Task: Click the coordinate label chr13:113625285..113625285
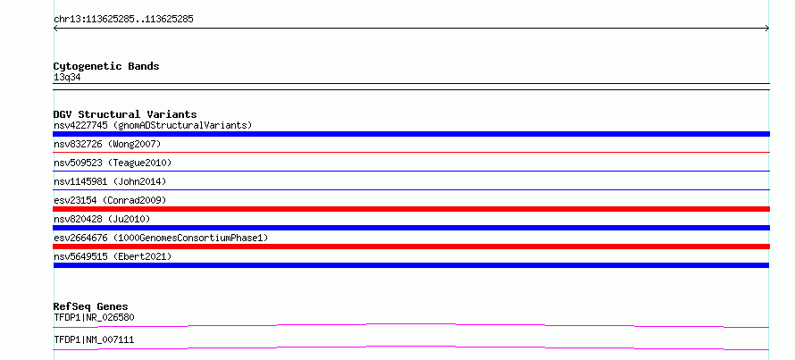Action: point(123,20)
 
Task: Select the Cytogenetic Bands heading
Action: point(106,66)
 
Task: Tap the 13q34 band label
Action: point(67,78)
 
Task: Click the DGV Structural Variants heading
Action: point(125,114)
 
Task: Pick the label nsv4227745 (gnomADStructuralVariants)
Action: point(153,125)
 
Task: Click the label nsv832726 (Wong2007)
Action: point(107,145)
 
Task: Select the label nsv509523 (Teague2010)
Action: point(113,163)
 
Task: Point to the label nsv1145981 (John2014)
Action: point(110,181)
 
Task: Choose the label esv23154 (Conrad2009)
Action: point(110,200)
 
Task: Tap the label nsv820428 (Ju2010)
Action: point(102,219)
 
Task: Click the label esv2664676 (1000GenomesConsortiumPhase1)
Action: point(161,238)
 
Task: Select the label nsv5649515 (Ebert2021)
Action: point(113,256)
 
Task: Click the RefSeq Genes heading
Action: point(91,306)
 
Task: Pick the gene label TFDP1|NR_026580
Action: point(94,318)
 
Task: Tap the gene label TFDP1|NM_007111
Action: point(94,339)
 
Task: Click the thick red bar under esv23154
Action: point(411,209)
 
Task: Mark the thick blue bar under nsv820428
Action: point(411,228)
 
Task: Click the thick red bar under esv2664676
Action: point(411,247)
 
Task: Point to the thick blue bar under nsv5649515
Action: point(411,265)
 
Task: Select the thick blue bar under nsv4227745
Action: point(411,134)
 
